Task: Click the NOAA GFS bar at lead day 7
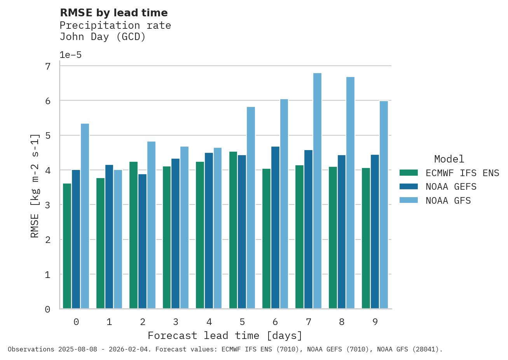(317, 191)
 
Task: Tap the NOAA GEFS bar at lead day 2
(142, 241)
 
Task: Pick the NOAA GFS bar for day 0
(85, 216)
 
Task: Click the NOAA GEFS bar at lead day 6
(275, 228)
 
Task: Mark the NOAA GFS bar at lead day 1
(118, 239)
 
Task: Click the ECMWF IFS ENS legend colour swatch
(408, 173)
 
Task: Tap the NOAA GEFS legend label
(451, 187)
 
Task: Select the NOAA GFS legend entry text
(448, 201)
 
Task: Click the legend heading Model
(449, 159)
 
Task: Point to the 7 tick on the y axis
(48, 66)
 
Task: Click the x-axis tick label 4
(209, 322)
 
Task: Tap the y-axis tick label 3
(48, 205)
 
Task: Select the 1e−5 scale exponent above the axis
(70, 55)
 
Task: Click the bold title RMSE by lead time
(114, 13)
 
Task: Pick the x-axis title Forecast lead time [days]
(225, 336)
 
